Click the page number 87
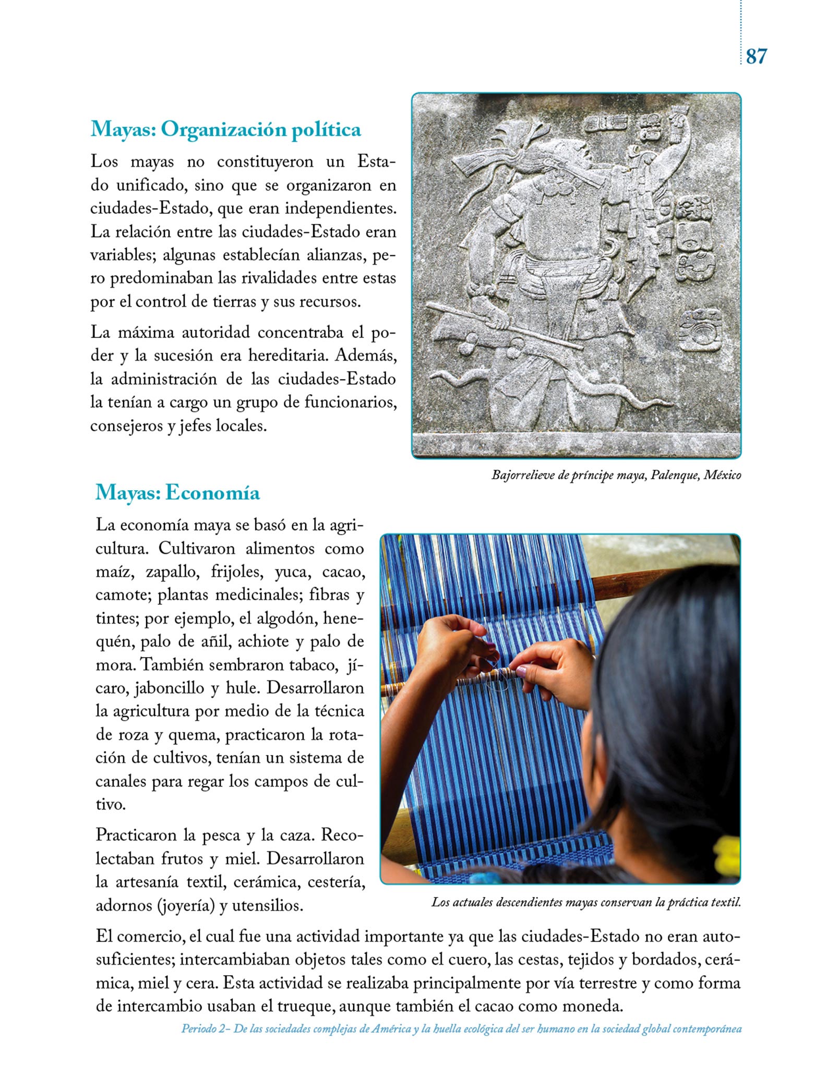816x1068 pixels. pyautogui.click(x=756, y=56)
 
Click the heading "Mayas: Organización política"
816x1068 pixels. pyautogui.click(x=225, y=129)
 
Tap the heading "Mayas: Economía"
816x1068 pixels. pyautogui.click(x=177, y=492)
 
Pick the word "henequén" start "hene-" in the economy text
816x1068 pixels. pyautogui.click(x=343, y=618)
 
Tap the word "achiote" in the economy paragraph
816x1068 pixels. pyautogui.click(x=263, y=641)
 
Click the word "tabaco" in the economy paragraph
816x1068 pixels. pyautogui.click(x=307, y=665)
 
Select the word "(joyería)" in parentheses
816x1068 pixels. pyautogui.click(x=186, y=905)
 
